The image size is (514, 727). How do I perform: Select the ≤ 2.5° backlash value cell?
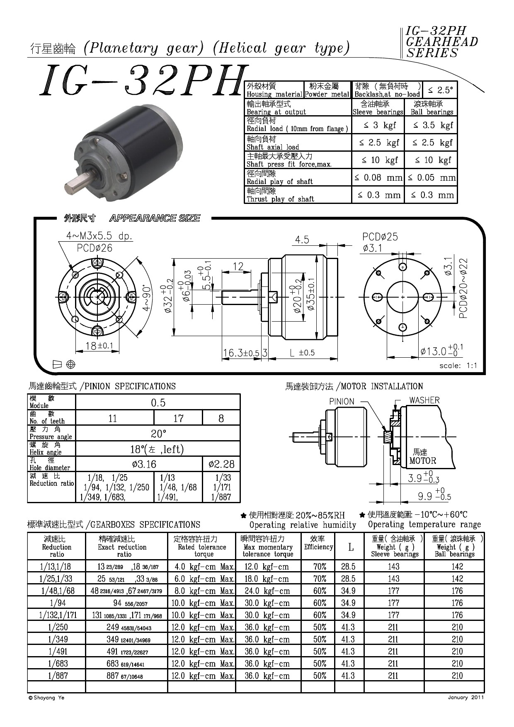pos(440,90)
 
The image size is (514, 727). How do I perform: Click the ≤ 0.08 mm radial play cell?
pos(378,178)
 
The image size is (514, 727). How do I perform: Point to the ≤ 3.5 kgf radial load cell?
pos(431,125)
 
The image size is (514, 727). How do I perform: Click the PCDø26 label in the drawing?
pos(95,248)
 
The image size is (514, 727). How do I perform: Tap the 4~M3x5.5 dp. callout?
pos(99,236)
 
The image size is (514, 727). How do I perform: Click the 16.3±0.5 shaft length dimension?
pos(241,353)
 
